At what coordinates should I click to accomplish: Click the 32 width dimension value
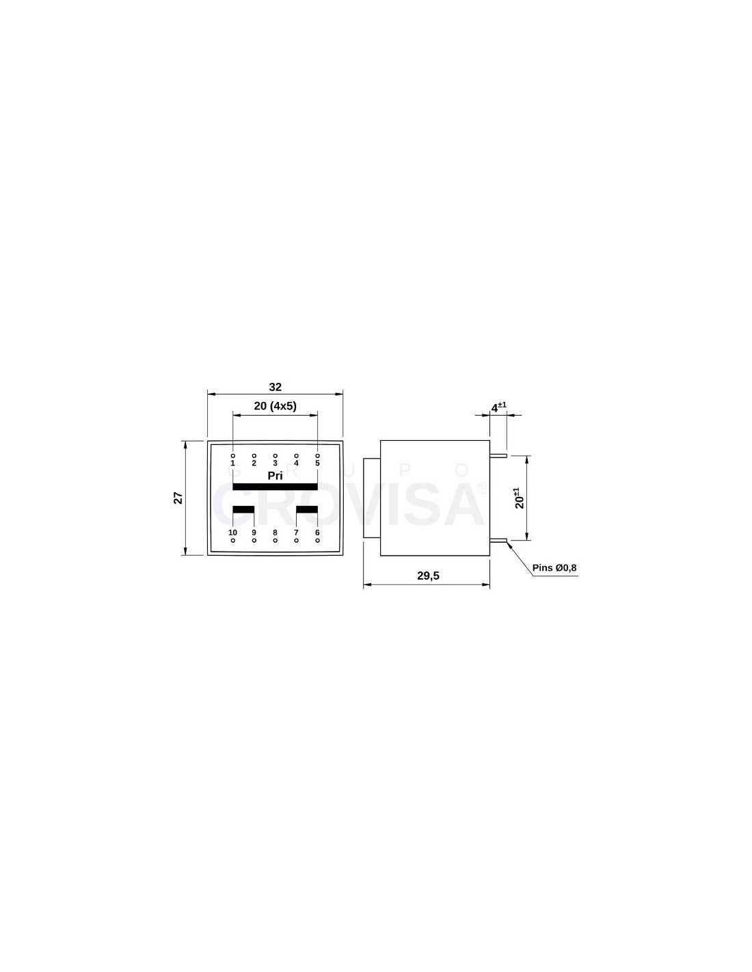[x=275, y=386]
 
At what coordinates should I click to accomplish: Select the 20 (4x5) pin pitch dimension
[x=275, y=406]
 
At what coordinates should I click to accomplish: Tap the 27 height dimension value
[x=178, y=498]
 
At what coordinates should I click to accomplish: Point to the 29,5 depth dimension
[x=428, y=576]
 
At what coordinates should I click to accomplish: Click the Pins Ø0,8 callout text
[x=554, y=568]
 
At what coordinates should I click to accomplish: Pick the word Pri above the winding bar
[x=275, y=476]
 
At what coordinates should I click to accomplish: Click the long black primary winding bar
[x=275, y=487]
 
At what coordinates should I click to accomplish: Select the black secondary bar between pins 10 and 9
[x=243, y=509]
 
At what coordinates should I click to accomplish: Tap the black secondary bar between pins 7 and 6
[x=307, y=509]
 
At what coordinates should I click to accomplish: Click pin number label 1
[x=232, y=463]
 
